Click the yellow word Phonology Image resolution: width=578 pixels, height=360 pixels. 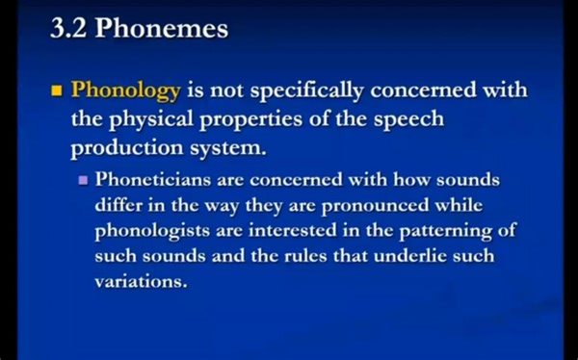126,91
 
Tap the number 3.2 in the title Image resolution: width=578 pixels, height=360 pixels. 68,30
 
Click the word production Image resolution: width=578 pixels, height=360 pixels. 125,149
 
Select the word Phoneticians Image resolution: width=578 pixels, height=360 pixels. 154,180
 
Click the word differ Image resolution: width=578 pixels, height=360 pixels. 120,206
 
